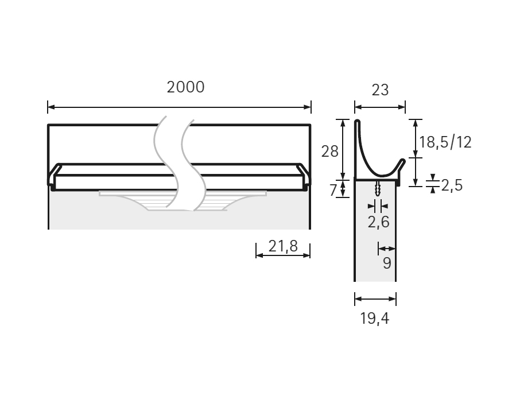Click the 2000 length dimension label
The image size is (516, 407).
[x=185, y=87]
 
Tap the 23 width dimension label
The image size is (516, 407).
[x=380, y=90]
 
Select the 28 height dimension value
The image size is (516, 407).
[x=329, y=152]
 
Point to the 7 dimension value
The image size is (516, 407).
[x=333, y=190]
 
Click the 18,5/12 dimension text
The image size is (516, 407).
[x=445, y=142]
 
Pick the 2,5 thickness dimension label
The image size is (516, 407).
[x=452, y=185]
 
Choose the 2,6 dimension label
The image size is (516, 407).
[x=378, y=222]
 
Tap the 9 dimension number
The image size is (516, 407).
[x=387, y=263]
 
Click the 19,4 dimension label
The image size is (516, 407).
[x=374, y=319]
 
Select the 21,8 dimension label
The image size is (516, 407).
[x=283, y=246]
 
